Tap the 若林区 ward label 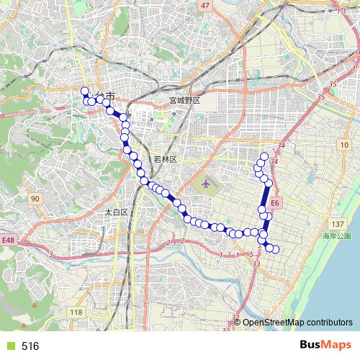pyautogui.click(x=165, y=158)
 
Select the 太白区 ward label pyautogui.click(x=116, y=212)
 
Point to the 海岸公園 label pyautogui.click(x=336, y=236)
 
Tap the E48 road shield pyautogui.click(x=8, y=240)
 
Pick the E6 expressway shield pyautogui.click(x=276, y=204)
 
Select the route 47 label pyautogui.click(x=206, y=6)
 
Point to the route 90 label pyautogui.click(x=35, y=199)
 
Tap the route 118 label pyautogui.click(x=76, y=312)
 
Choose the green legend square pyautogui.click(x=8, y=346)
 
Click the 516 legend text pyautogui.click(x=30, y=346)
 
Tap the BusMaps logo pyautogui.click(x=325, y=346)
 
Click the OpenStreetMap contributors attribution pyautogui.click(x=297, y=323)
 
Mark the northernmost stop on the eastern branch pyautogui.click(x=264, y=156)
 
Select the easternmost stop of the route pyautogui.click(x=274, y=249)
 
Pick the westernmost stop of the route pyautogui.click(x=84, y=91)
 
